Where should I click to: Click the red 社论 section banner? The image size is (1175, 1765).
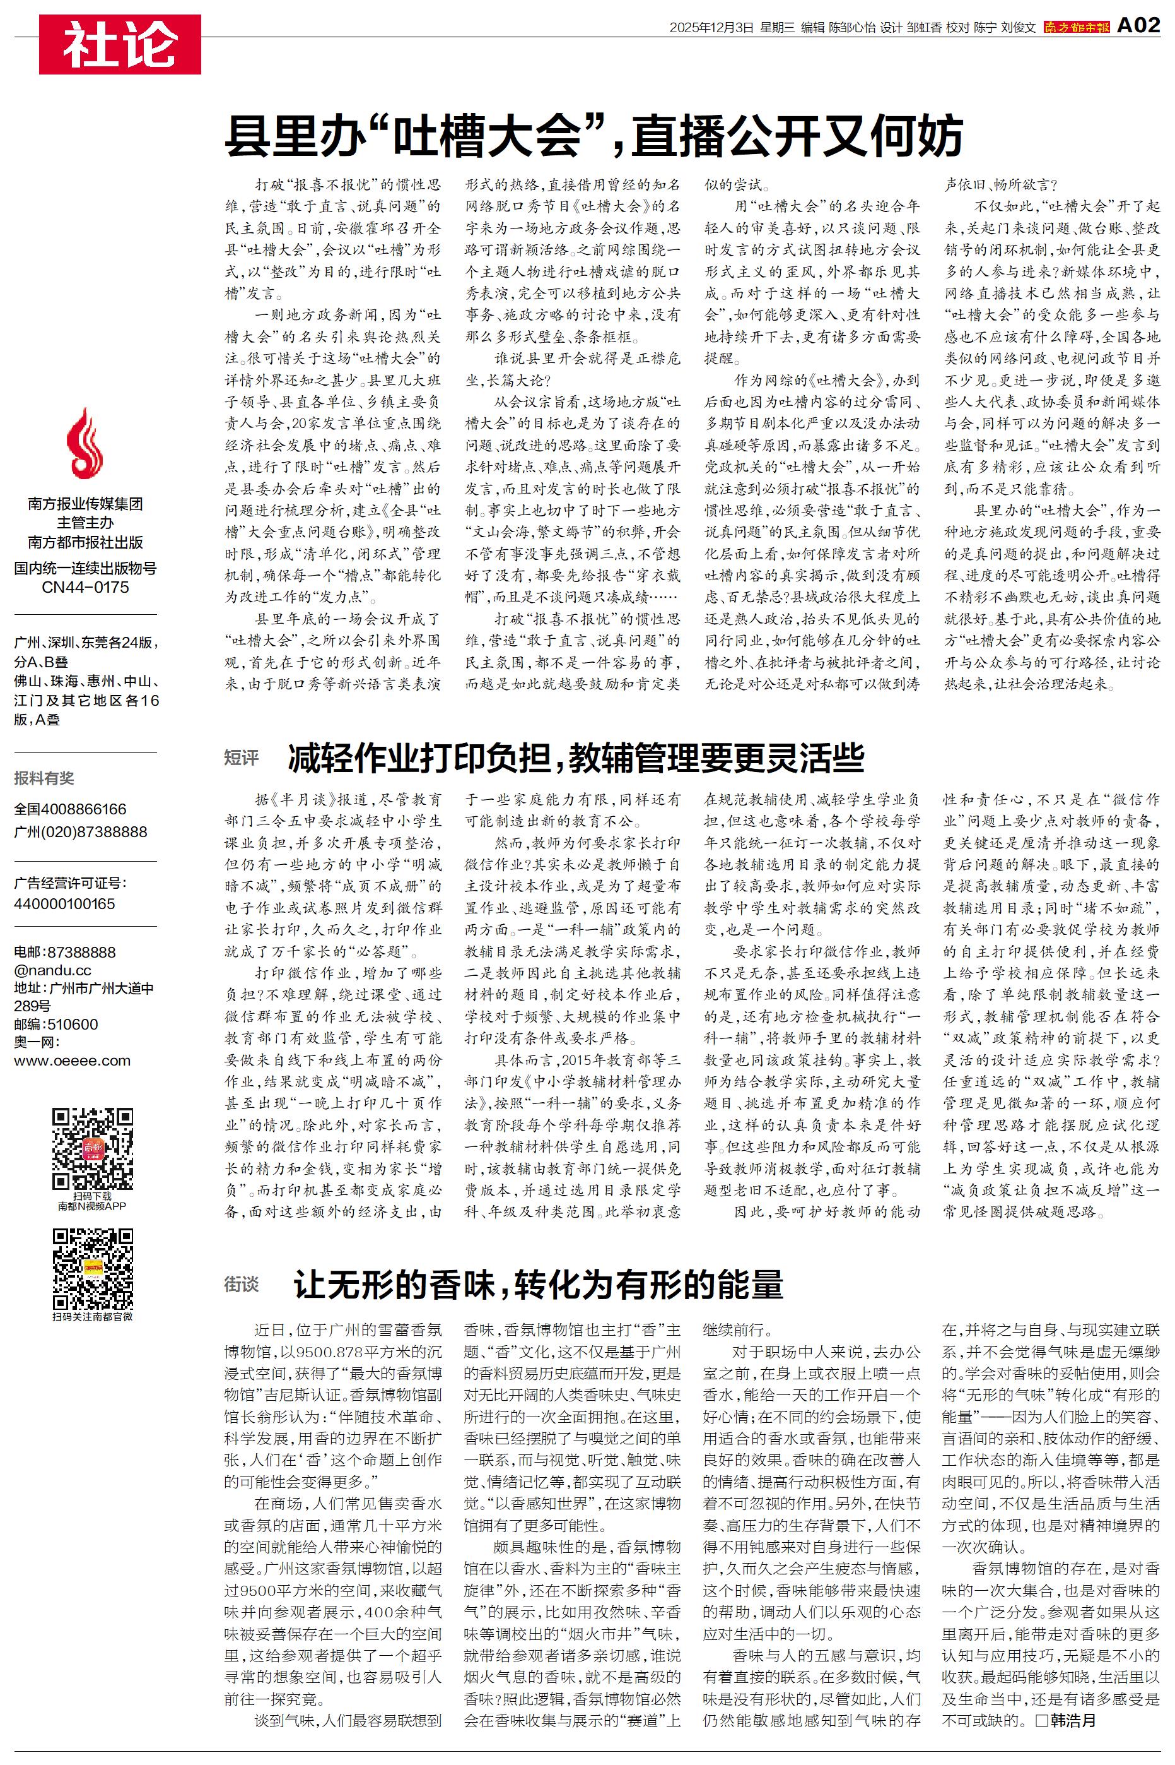(x=120, y=44)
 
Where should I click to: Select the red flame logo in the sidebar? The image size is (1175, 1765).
(x=84, y=444)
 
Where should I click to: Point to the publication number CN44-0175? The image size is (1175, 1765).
(x=85, y=587)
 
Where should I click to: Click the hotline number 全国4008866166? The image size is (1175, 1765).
(x=71, y=809)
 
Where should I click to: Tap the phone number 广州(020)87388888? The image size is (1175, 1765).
(x=80, y=831)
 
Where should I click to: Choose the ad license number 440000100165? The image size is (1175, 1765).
(x=64, y=903)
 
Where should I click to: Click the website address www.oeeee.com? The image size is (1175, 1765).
(x=72, y=1061)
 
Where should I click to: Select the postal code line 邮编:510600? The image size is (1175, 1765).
(x=56, y=1024)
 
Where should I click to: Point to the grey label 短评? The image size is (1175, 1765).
(x=242, y=758)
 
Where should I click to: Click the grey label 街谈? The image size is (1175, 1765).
(x=242, y=1285)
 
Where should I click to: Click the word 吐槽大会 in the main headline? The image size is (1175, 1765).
(x=488, y=135)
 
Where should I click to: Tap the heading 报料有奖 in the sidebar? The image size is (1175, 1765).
(x=44, y=778)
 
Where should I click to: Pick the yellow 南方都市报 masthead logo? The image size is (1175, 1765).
(x=1076, y=27)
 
